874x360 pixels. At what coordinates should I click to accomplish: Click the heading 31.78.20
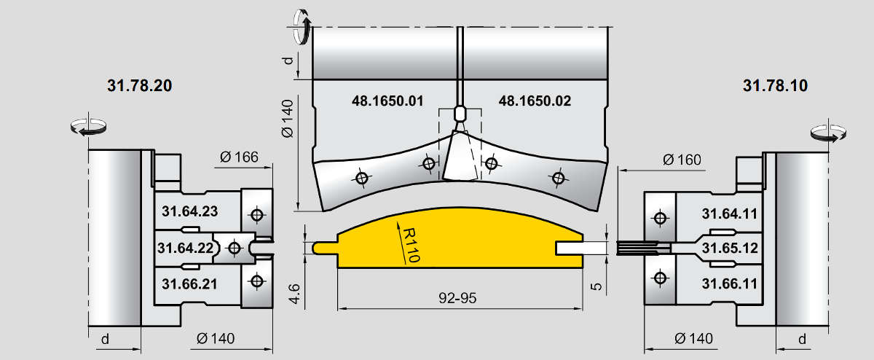point(139,85)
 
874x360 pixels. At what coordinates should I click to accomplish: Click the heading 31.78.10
point(775,85)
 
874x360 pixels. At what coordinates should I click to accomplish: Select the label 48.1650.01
point(387,101)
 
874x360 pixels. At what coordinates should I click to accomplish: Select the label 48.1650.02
point(535,101)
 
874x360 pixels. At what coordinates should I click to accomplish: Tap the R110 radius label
point(411,245)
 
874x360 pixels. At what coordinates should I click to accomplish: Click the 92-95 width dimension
point(457,298)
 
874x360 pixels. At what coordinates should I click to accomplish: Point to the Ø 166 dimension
point(239,157)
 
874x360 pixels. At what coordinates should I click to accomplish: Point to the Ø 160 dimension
point(682,160)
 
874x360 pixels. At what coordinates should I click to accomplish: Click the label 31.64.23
point(189,211)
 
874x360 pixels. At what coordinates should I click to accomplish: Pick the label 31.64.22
point(185,248)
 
